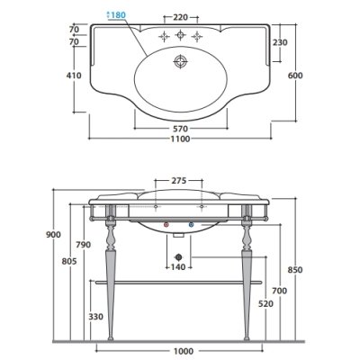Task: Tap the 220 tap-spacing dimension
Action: coord(181,17)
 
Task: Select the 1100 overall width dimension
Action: coord(180,139)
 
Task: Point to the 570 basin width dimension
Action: coord(181,129)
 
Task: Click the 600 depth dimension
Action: coord(295,76)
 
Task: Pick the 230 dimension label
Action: coord(280,42)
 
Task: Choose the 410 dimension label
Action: coord(74,76)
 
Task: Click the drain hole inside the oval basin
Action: coord(180,62)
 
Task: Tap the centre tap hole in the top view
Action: coord(180,35)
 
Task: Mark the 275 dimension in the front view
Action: coord(179,181)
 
